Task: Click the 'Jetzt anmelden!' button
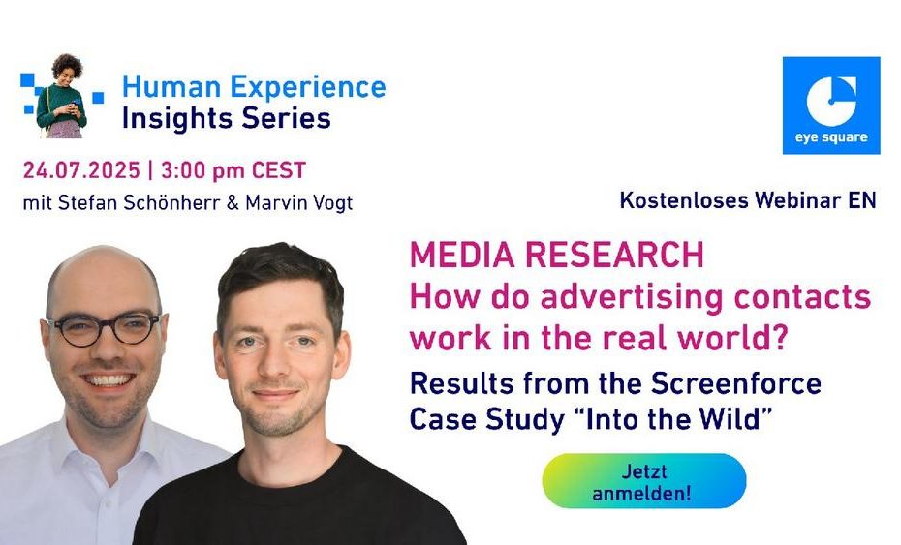643,481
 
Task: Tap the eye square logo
831,106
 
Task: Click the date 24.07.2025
81,170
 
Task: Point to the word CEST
279,170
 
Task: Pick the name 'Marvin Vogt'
298,203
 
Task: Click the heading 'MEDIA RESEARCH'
557,255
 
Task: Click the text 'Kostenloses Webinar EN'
748,200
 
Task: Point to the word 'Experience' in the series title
308,88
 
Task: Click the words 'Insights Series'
227,118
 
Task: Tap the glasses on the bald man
105,329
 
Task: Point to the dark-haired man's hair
280,276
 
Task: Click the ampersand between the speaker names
233,202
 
